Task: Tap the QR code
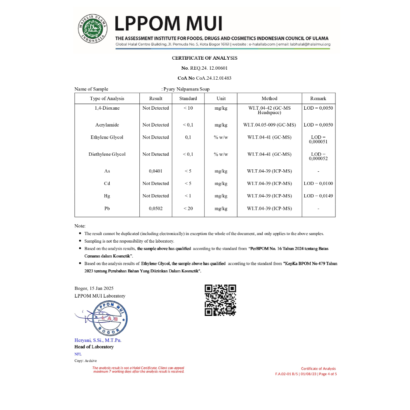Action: click(x=220, y=300)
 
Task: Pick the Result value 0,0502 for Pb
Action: click(x=156, y=209)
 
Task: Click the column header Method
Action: click(x=269, y=98)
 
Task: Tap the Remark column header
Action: click(x=318, y=98)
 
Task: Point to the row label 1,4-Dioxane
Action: click(x=107, y=108)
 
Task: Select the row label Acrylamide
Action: click(x=107, y=125)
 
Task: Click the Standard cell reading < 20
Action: click(x=188, y=209)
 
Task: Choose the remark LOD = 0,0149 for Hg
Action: click(x=318, y=196)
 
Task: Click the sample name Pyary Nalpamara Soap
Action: click(x=187, y=89)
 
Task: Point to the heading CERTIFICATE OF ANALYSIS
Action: click(x=205, y=58)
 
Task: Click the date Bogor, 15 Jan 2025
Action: click(x=94, y=288)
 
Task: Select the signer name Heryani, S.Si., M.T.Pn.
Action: click(x=98, y=340)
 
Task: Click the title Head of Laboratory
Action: click(x=94, y=347)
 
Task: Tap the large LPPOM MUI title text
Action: click(x=169, y=24)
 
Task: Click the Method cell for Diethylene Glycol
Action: click(x=269, y=154)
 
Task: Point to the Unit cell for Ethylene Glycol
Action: click(x=221, y=137)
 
